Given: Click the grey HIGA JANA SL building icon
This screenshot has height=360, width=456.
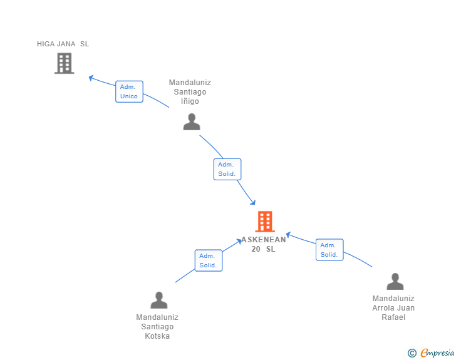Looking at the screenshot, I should point(64,63).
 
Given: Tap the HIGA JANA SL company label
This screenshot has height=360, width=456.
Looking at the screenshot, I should point(63,44).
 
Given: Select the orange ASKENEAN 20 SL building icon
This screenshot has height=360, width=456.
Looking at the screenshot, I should point(265,222).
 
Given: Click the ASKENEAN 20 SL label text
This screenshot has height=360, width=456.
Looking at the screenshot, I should point(264,244).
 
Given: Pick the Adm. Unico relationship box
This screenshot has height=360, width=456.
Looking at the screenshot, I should point(129,91).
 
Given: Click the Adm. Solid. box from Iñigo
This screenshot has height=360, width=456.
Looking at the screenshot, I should point(226,169).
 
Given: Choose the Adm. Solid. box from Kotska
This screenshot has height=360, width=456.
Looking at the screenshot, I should point(208,260).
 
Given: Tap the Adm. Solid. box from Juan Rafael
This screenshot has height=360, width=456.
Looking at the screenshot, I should point(329,250).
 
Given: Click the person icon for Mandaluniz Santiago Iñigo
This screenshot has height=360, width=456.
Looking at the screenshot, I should point(192,121).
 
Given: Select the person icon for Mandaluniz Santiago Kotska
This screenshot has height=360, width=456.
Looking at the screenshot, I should point(159,300).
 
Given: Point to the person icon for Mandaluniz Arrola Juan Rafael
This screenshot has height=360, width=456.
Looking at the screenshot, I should point(395,282).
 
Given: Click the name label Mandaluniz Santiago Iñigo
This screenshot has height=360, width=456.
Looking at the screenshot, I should point(190,92).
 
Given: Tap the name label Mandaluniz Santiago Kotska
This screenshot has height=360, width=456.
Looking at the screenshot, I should point(157,327).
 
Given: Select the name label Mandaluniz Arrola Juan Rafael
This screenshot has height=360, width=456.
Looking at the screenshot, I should point(393,308).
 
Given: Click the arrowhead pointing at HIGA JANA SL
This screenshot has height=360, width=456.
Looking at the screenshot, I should point(91,78).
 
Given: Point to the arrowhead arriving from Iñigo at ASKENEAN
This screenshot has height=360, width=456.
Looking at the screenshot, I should point(252,202).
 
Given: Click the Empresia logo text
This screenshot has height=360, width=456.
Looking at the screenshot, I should point(437,353).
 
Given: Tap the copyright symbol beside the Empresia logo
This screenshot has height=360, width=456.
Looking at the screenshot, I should point(412,353).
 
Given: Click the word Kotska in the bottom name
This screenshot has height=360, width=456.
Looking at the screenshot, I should point(157,336).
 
